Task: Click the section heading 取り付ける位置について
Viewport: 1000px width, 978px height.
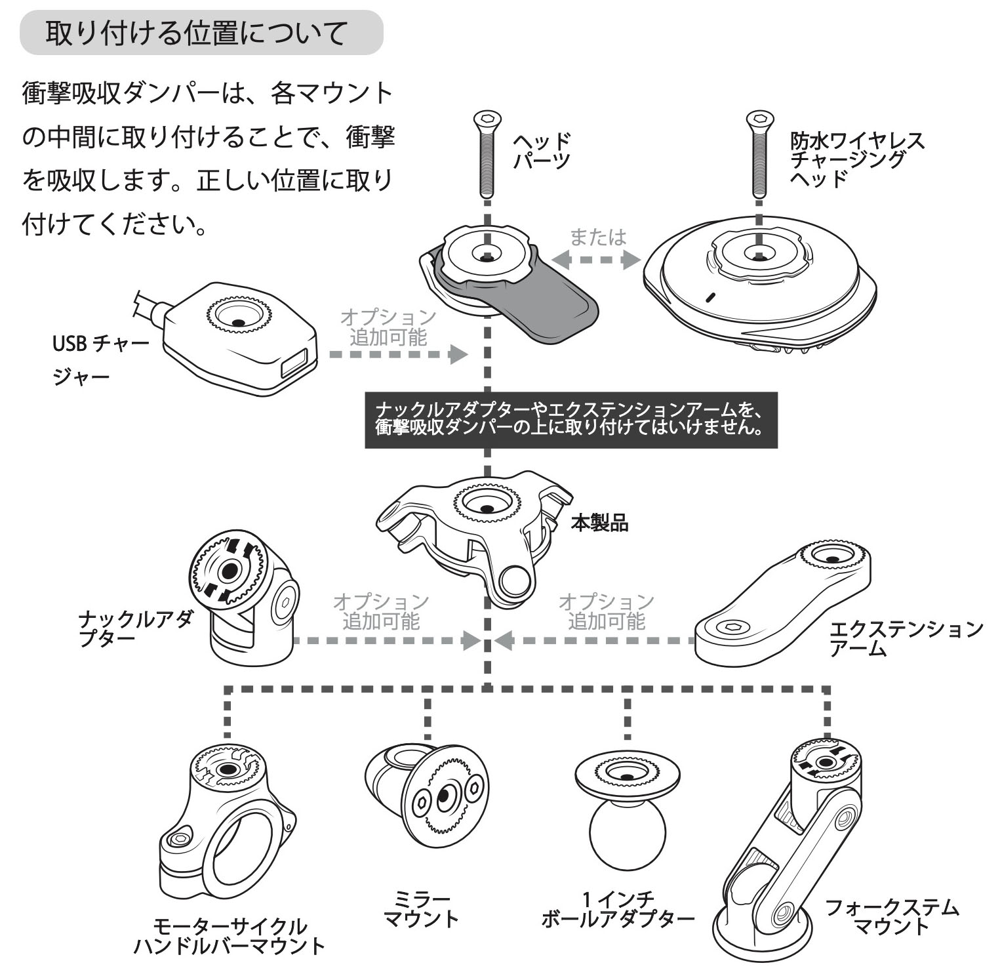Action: (x=197, y=33)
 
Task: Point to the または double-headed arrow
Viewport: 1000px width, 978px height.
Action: (x=595, y=260)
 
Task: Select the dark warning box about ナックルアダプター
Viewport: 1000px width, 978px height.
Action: (x=570, y=420)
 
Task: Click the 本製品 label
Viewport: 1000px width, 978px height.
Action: (x=599, y=523)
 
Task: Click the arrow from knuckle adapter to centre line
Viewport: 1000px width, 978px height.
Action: (x=387, y=640)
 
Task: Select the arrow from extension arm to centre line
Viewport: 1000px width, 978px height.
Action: (x=593, y=640)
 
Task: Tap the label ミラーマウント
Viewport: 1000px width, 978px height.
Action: (x=420, y=908)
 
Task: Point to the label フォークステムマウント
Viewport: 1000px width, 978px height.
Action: (x=890, y=916)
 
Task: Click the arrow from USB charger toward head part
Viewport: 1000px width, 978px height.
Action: (x=397, y=354)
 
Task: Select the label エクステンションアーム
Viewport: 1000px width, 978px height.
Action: (x=905, y=638)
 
